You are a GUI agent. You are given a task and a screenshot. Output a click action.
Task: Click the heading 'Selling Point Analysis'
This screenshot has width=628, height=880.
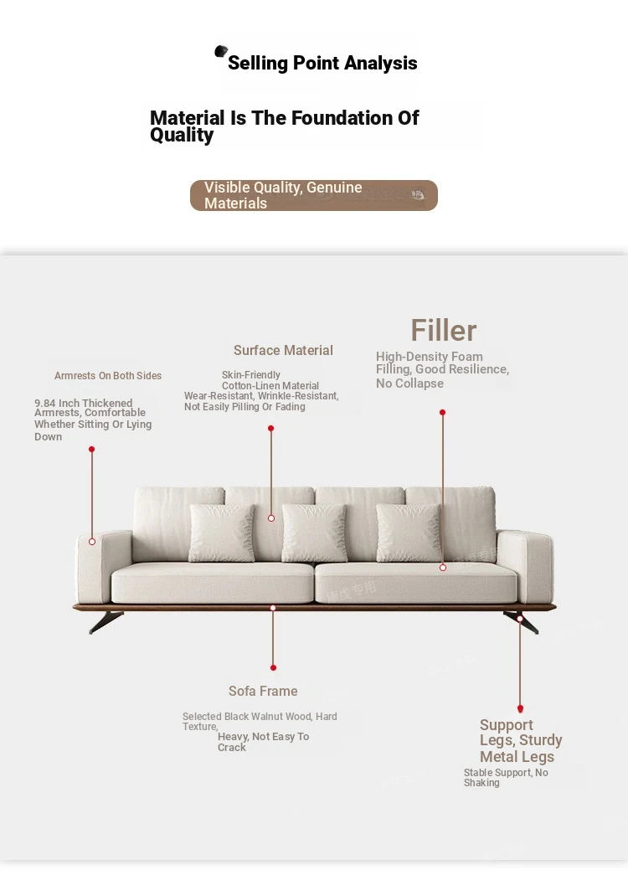pyautogui.click(x=322, y=63)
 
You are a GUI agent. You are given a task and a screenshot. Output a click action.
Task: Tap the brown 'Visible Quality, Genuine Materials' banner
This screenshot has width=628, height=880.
pyautogui.click(x=314, y=195)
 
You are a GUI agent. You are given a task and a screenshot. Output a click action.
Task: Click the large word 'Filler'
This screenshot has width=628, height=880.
pyautogui.click(x=443, y=330)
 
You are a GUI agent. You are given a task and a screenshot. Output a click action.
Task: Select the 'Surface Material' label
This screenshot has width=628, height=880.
pyautogui.click(x=283, y=350)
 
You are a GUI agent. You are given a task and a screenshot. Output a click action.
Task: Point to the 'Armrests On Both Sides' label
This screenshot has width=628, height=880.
pyautogui.click(x=108, y=375)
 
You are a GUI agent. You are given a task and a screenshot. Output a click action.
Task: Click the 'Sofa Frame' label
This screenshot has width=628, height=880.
pyautogui.click(x=263, y=691)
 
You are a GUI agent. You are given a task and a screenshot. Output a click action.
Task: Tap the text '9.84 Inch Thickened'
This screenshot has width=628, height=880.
pyautogui.click(x=83, y=403)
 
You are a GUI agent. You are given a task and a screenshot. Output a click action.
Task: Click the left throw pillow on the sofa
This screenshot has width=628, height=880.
pyautogui.click(x=222, y=533)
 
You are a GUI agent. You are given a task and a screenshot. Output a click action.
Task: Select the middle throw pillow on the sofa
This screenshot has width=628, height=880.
pyautogui.click(x=314, y=533)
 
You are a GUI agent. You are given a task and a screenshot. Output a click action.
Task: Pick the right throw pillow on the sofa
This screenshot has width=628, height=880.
pyautogui.click(x=409, y=533)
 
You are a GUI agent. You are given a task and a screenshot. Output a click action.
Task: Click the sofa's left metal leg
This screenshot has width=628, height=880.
pyautogui.click(x=106, y=621)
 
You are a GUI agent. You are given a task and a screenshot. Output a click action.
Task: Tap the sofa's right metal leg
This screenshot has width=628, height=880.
pyautogui.click(x=522, y=622)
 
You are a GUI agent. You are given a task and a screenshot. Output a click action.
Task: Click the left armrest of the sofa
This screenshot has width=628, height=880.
pyautogui.click(x=104, y=567)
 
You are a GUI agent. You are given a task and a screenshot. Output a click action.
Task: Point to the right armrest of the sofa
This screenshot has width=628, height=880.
pyautogui.click(x=525, y=567)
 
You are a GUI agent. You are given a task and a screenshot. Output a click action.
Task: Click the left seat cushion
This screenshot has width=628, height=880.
pyautogui.click(x=212, y=583)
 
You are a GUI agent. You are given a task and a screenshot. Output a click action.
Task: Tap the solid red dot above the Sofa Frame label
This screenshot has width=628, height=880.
pyautogui.click(x=273, y=668)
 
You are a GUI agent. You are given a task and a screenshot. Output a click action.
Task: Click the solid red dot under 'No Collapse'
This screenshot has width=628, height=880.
pyautogui.click(x=442, y=413)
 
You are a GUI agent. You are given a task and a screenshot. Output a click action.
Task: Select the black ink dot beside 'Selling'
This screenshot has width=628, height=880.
pyautogui.click(x=221, y=51)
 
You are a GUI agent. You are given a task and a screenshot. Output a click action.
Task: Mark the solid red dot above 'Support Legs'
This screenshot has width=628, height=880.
pyautogui.click(x=520, y=709)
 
